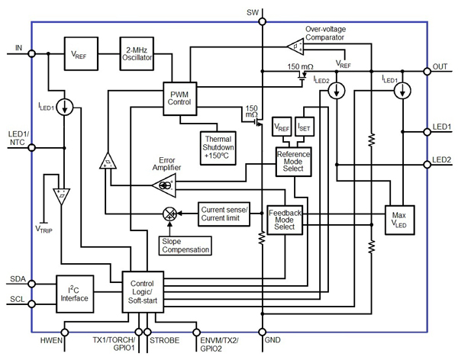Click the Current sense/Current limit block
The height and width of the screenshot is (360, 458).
click(224, 214)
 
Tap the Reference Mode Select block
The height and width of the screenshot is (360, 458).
click(293, 161)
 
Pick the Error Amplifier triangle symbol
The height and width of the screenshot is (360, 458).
click(166, 184)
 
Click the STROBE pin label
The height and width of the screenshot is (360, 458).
click(166, 341)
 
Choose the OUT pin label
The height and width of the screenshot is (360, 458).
click(440, 68)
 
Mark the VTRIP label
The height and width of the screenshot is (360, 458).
click(47, 227)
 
